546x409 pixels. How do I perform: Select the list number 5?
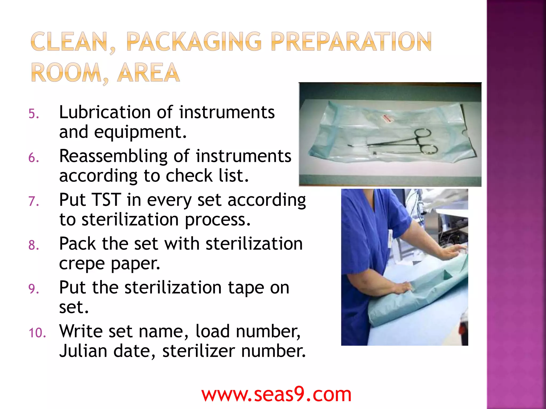coord(34,114)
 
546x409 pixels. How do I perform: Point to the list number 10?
coord(37,333)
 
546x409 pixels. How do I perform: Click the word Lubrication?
coord(105,112)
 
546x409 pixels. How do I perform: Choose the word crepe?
coord(82,264)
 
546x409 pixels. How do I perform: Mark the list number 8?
coord(34,245)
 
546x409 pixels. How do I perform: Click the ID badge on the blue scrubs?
coord(390,238)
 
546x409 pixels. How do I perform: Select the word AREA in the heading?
coord(148,73)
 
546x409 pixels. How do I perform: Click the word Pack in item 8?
coord(77,244)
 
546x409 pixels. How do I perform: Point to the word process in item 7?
coord(218,220)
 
